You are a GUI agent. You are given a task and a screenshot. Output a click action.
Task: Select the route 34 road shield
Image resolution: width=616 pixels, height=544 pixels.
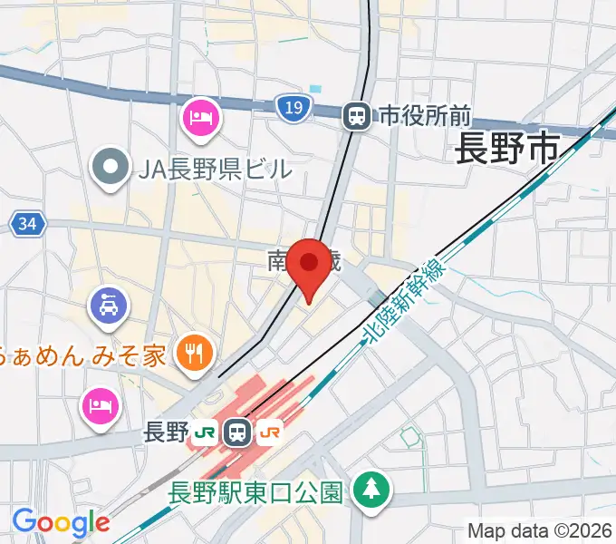pyautogui.click(x=28, y=223)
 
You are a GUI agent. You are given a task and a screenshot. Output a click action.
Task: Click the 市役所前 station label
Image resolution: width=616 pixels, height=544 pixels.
pyautogui.click(x=425, y=115)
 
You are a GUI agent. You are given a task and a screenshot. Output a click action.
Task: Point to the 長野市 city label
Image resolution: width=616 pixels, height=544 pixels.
pyautogui.click(x=506, y=148)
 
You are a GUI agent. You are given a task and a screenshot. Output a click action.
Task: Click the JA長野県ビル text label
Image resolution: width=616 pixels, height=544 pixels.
pyautogui.click(x=216, y=168)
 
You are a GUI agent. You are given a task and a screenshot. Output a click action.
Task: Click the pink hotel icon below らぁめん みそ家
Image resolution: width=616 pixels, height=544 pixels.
pyautogui.click(x=100, y=404)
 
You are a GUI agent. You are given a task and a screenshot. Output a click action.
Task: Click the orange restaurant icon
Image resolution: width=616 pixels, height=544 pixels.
pyautogui.click(x=194, y=352)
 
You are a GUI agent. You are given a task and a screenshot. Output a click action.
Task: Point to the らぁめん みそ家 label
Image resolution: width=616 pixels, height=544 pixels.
pyautogui.click(x=82, y=354)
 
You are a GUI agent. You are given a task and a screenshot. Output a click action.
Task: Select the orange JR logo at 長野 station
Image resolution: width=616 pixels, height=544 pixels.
pyautogui.click(x=269, y=432)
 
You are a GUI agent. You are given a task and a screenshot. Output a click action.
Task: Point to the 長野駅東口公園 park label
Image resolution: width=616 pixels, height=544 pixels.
pyautogui.click(x=256, y=492)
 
